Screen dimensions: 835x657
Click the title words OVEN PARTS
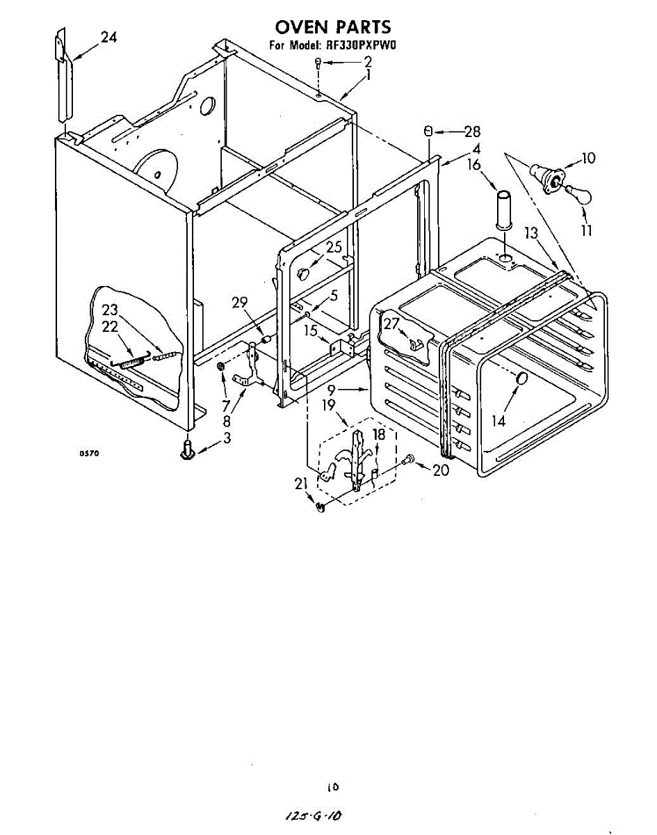332,27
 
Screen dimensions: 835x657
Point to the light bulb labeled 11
576,191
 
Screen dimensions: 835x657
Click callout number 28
473,131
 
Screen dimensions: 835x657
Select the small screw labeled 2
318,63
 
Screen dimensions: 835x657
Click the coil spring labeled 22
130,362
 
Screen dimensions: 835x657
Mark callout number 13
531,234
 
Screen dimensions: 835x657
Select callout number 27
391,324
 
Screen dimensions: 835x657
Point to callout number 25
334,246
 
